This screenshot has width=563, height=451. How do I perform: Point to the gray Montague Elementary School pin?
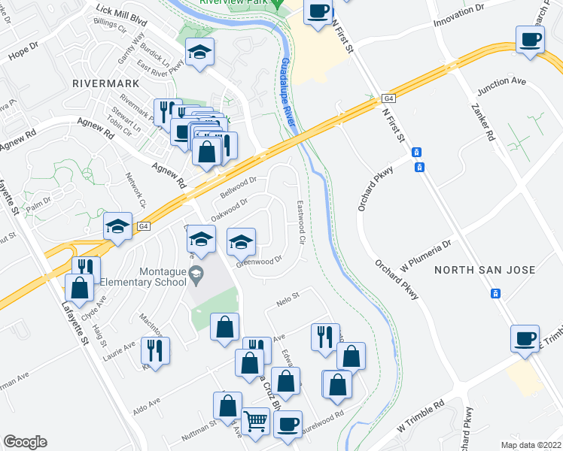[x=196, y=272]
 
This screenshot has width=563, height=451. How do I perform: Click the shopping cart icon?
[x=256, y=421]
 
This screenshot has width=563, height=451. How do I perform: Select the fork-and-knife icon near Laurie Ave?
[x=155, y=350]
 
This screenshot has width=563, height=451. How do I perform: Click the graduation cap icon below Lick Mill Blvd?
[x=199, y=53]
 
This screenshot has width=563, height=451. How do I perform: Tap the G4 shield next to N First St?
[x=388, y=98]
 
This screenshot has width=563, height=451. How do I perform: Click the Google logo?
[x=25, y=442]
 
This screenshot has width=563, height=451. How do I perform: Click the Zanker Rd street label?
[x=485, y=125]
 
